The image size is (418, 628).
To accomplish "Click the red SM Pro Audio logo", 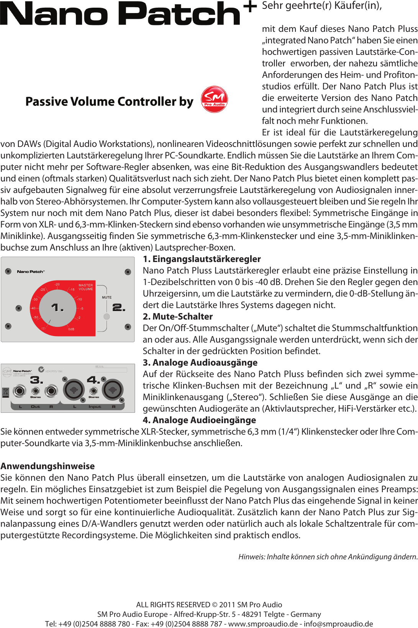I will (214, 99).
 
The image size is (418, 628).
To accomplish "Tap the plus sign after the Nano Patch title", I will (250, 6).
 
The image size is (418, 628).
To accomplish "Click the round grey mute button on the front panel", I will (107, 316).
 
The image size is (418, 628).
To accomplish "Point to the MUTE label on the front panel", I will (107, 297).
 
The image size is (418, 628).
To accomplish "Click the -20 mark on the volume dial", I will (57, 284).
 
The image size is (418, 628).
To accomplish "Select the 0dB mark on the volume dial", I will (71, 329).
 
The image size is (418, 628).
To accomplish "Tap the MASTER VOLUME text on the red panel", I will (86, 287).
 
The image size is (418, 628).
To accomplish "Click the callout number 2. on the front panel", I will (118, 307).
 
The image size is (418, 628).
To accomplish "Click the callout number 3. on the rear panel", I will (36, 380).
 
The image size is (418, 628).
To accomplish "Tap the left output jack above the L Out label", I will (19, 391).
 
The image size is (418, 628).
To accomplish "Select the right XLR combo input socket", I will (112, 390).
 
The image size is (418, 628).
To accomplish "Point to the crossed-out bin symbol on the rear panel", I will (5, 392).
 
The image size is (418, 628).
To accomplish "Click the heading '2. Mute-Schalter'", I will (178, 316).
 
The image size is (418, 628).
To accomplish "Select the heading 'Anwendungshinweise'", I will (48, 466).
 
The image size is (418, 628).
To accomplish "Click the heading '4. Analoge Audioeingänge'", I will (199, 420).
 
